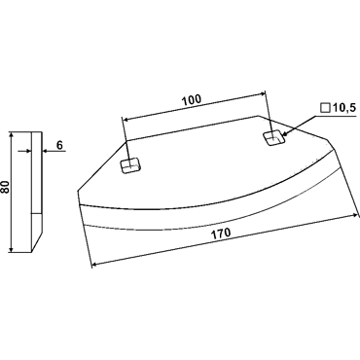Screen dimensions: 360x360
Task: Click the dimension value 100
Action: click(192, 100)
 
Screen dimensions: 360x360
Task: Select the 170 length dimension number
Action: click(221, 233)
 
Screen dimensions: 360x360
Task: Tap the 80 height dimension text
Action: click(6, 187)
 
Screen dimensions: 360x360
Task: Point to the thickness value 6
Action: click(59, 145)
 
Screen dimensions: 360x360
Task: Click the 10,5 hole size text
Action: click(343, 108)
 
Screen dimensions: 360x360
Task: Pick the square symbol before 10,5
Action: click(325, 108)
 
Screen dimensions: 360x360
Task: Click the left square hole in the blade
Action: click(130, 165)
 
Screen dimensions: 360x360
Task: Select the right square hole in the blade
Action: click(274, 138)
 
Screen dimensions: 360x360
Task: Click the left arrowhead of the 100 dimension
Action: click(125, 120)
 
